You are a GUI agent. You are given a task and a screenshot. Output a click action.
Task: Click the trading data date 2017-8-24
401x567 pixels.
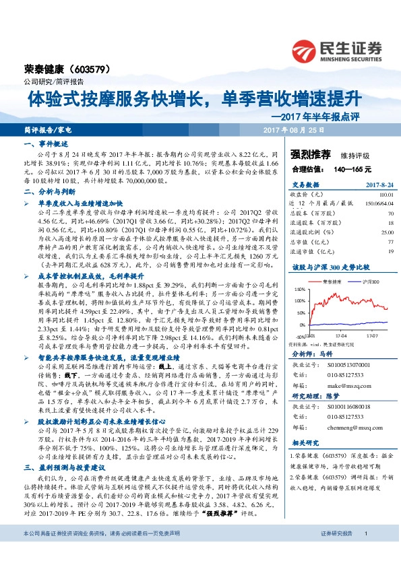[377, 185]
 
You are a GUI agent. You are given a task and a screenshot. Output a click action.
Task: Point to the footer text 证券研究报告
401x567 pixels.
[336, 552]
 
